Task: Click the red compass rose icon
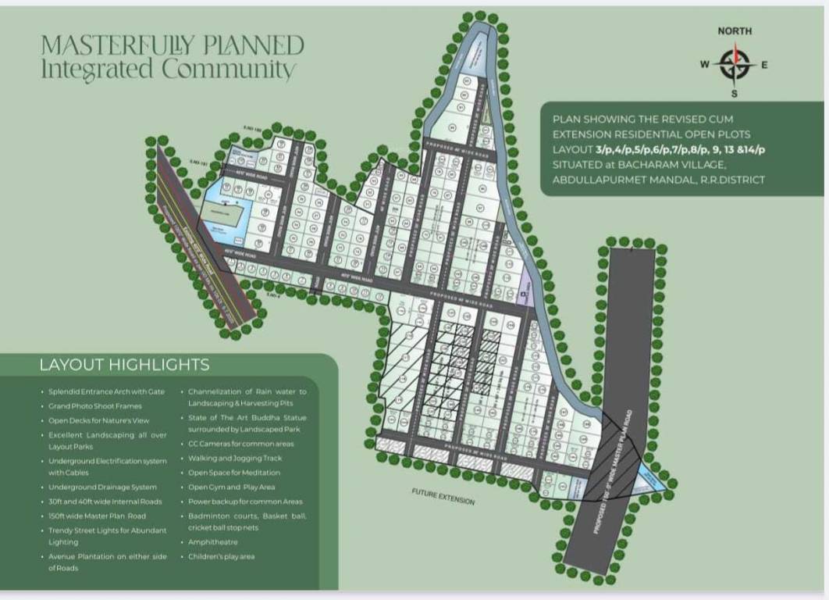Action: tap(734, 64)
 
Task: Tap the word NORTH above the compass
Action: tap(735, 31)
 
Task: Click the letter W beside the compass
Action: tap(704, 65)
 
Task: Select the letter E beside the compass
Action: tap(764, 65)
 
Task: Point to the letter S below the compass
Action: tap(734, 95)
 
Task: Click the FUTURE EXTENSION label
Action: tap(443, 496)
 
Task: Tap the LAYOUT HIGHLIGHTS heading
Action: tap(124, 365)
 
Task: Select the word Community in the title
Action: tap(228, 69)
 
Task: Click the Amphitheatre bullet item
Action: tap(213, 541)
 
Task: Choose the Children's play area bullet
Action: tap(221, 556)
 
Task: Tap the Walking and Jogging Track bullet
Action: tap(234, 458)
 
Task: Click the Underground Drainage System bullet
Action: tap(102, 487)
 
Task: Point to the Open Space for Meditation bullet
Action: tap(234, 473)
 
